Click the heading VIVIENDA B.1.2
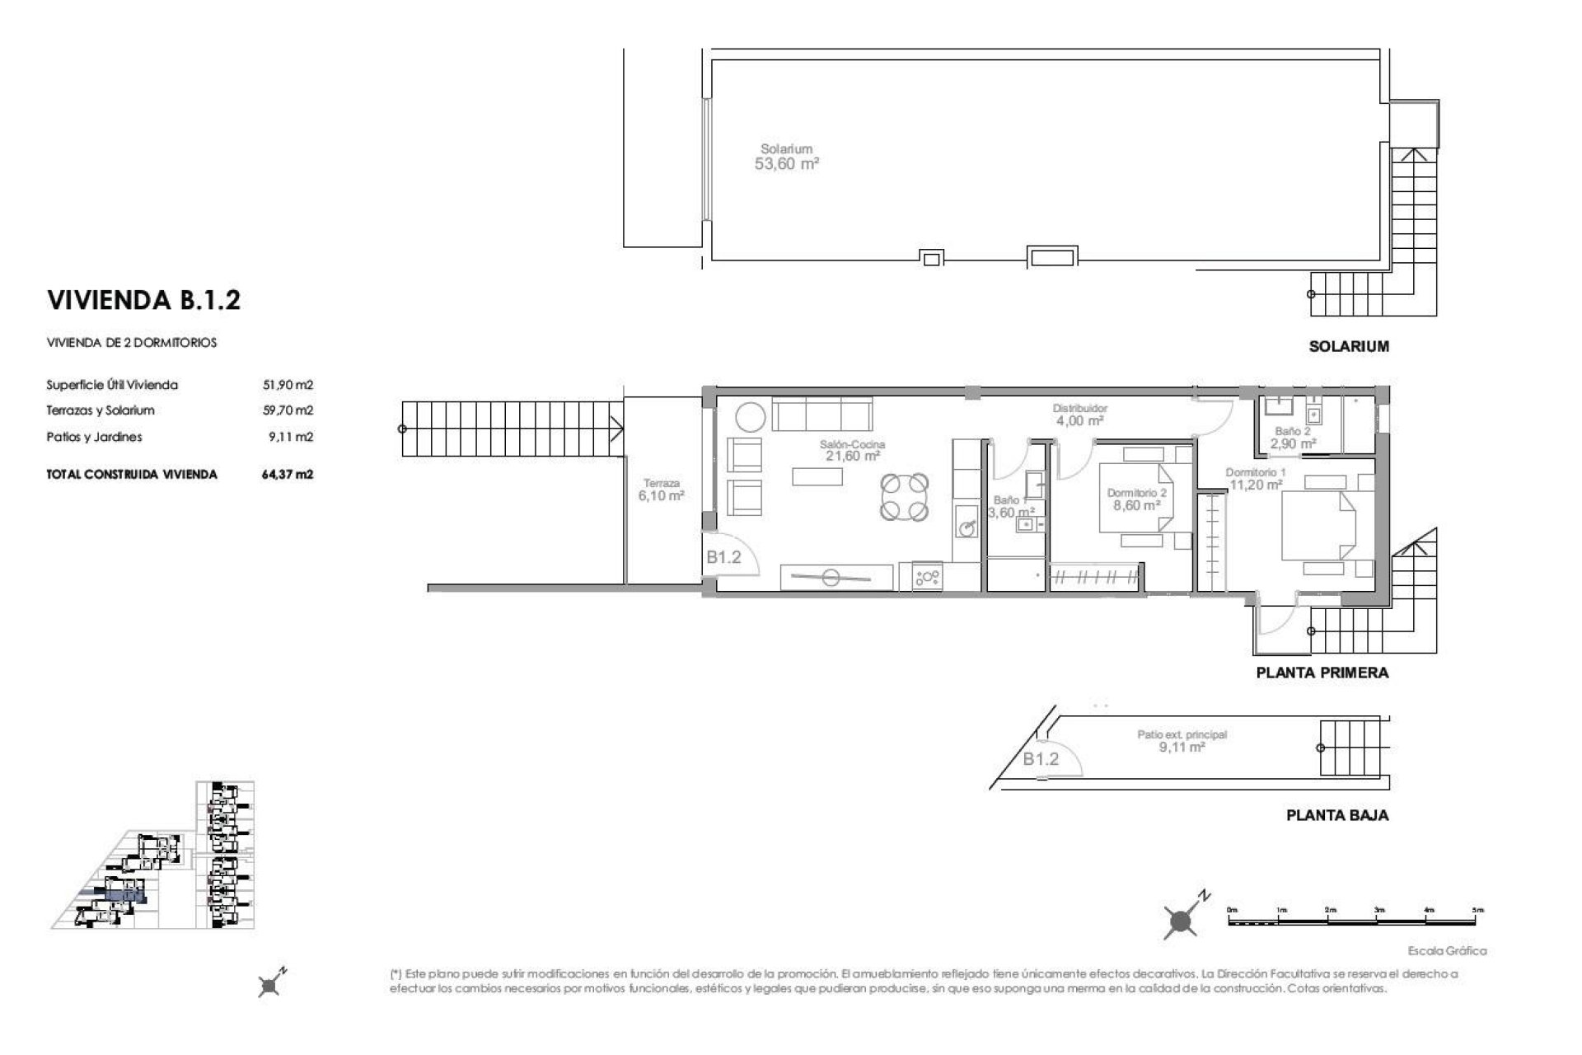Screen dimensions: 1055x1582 pyautogui.click(x=144, y=300)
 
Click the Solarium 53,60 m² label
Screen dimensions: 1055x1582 pyautogui.click(x=786, y=157)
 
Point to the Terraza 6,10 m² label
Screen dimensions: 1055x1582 pyautogui.click(x=662, y=490)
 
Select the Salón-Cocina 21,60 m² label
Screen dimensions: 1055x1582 pyautogui.click(x=852, y=450)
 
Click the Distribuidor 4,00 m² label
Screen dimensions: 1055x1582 pyautogui.click(x=1079, y=415)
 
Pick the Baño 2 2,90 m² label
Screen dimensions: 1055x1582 pyautogui.click(x=1292, y=437)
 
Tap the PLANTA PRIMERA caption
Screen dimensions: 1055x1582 pyautogui.click(x=1322, y=673)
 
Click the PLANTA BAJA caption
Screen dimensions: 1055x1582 pyautogui.click(x=1336, y=815)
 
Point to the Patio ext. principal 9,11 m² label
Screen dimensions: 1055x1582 pyautogui.click(x=1182, y=741)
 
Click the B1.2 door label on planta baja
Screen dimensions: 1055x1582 pyautogui.click(x=1041, y=758)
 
